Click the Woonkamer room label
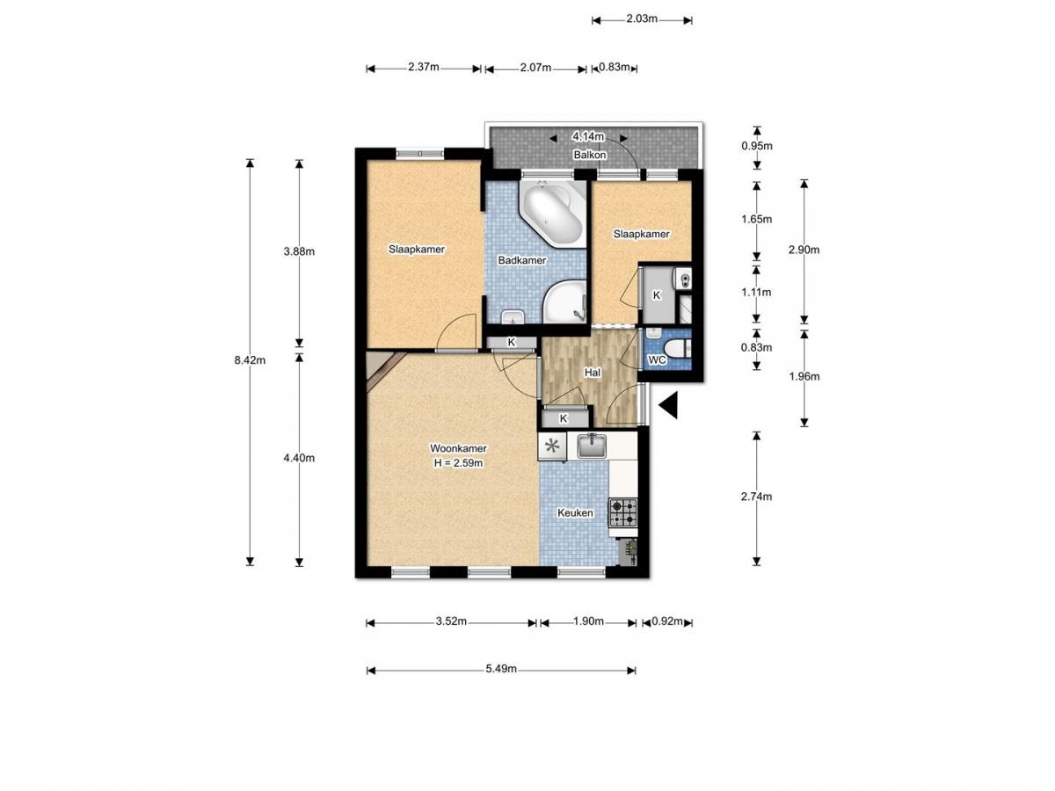point(457,448)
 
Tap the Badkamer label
point(521,260)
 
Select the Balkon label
point(590,155)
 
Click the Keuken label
point(575,512)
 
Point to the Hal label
point(593,372)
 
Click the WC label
point(657,359)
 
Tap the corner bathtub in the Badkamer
point(553,214)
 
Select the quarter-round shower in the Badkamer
point(564,301)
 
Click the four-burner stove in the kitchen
point(623,512)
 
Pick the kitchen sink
point(592,446)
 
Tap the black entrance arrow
point(668,405)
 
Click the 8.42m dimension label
point(250,360)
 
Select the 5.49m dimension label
point(501,669)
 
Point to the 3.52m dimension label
point(451,621)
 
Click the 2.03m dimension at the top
point(642,18)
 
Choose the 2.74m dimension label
point(756,497)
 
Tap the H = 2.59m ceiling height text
point(458,463)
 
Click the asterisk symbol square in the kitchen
point(552,446)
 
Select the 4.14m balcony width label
point(588,137)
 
